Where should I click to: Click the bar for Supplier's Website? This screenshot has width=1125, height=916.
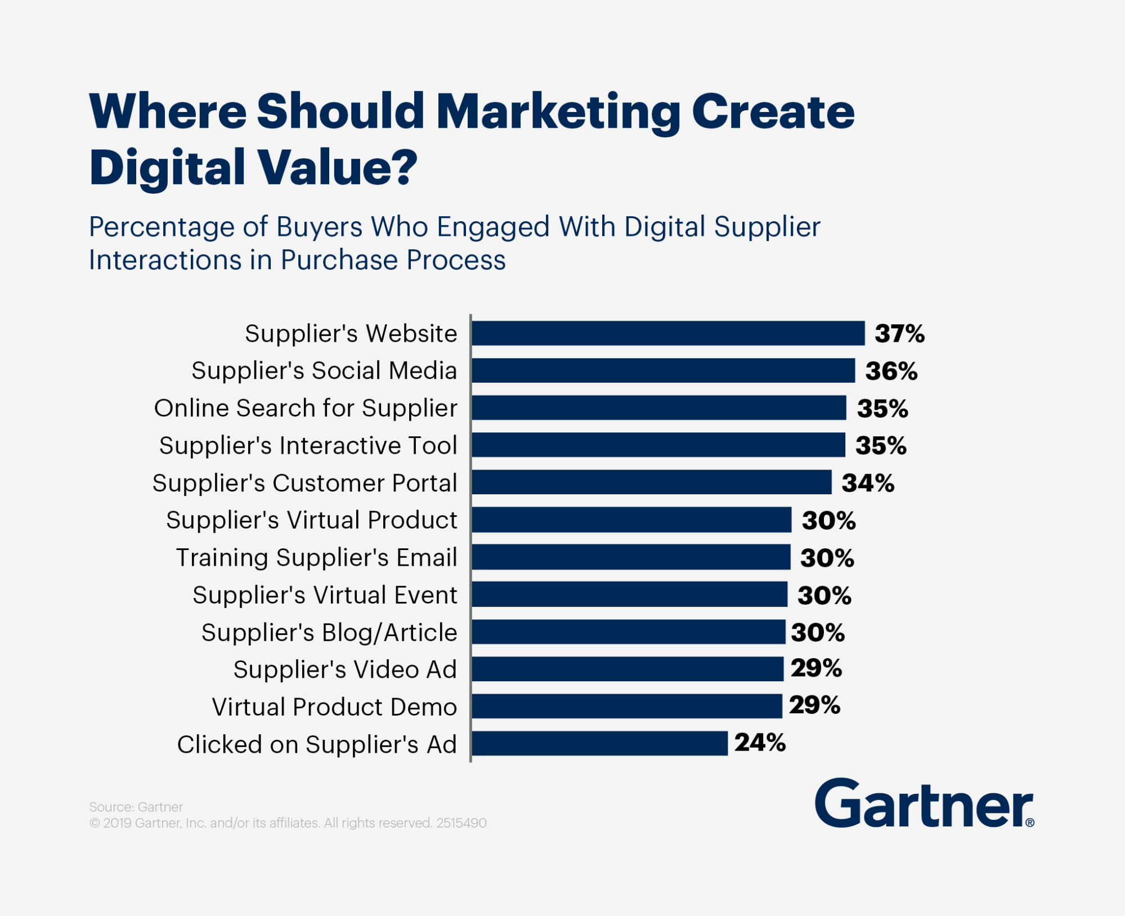[x=667, y=333]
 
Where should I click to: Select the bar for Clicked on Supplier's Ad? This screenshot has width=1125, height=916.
[x=599, y=743]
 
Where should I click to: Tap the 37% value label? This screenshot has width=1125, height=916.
[x=899, y=333]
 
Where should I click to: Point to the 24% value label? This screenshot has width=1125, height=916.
[x=760, y=743]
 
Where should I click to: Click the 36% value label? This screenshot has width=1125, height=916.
[x=891, y=371]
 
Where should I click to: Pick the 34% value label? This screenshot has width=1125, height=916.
[x=868, y=483]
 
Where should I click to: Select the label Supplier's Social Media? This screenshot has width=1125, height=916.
[x=324, y=371]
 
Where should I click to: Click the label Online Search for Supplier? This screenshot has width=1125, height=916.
[x=306, y=408]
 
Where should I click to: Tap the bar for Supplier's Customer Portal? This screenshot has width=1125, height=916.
[x=651, y=482]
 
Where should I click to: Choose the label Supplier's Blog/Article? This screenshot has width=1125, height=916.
[x=329, y=633]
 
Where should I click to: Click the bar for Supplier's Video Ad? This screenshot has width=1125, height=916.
[x=627, y=669]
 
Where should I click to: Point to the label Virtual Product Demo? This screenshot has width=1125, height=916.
[x=334, y=707]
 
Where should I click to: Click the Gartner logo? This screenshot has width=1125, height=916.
[x=924, y=803]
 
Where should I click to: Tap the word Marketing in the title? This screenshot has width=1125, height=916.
[x=558, y=112]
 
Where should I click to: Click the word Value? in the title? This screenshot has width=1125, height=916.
[x=338, y=167]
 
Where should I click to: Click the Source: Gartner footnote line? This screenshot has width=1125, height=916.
[x=136, y=807]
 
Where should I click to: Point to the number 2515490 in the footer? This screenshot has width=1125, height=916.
[x=461, y=823]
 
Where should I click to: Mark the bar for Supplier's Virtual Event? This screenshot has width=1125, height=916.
[x=629, y=595]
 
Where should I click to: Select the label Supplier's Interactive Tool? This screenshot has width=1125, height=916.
[x=308, y=446]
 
